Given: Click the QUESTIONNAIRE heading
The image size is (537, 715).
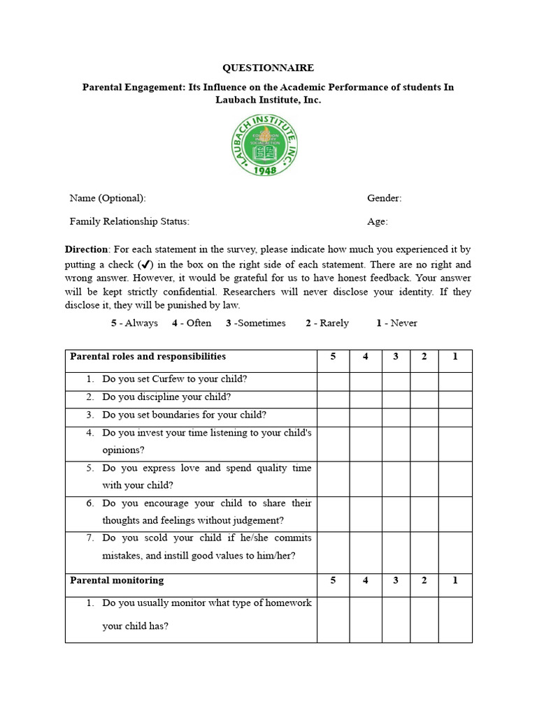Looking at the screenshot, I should point(268,68).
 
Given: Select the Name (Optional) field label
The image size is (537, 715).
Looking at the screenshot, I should point(108,198).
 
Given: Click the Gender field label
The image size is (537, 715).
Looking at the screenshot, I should point(384,198).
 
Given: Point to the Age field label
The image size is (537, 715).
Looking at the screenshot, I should point(377,222).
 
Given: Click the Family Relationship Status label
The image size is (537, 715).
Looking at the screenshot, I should point(129,222).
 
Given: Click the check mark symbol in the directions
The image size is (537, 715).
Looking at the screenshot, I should point(145,265).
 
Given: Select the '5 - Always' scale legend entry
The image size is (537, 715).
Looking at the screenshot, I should point(134,323).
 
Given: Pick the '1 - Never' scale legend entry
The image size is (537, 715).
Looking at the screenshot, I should point(396,323).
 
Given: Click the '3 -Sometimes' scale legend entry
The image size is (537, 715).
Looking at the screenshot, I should point(255,323).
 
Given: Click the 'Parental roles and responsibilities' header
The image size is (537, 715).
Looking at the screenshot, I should point(148,357).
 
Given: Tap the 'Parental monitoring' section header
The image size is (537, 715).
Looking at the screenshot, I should point(117,580).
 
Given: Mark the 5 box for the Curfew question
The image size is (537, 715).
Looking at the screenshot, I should point(333,381).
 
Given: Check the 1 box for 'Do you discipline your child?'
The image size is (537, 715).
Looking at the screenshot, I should point(454,399).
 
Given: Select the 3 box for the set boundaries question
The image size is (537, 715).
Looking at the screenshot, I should point(395,417).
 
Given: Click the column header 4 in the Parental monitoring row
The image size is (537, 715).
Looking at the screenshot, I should point(365,580).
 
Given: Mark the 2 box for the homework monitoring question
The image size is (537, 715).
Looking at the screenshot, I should point(424,619).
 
